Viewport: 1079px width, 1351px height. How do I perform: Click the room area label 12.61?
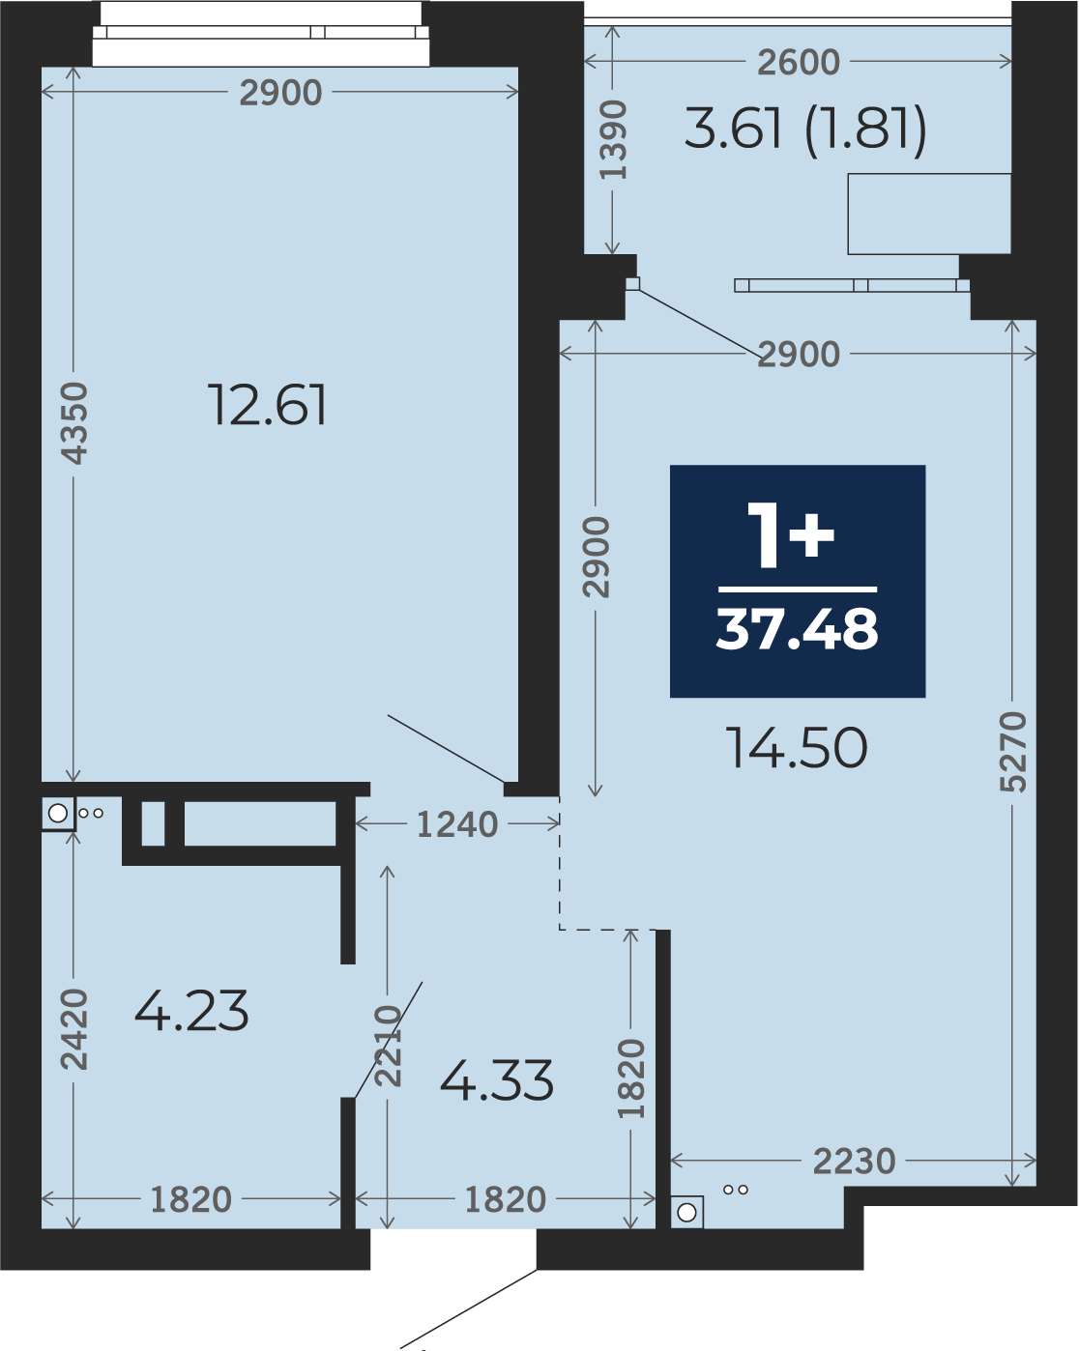pyautogui.click(x=267, y=406)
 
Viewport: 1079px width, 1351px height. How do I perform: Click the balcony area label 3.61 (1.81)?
pyautogui.click(x=805, y=129)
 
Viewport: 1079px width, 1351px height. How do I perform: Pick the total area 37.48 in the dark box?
pyautogui.click(x=797, y=629)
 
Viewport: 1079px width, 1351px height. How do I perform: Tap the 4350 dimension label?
pyautogui.click(x=74, y=423)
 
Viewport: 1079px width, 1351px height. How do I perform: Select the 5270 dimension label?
pyautogui.click(x=1012, y=752)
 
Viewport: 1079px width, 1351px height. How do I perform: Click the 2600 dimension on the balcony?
pyautogui.click(x=799, y=62)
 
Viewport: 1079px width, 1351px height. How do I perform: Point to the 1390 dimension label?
pyautogui.click(x=613, y=139)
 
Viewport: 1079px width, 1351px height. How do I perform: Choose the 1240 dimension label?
pyautogui.click(x=457, y=823)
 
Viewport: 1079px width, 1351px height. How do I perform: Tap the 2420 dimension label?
pyautogui.click(x=74, y=1029)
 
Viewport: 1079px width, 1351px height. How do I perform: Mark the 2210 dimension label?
pyautogui.click(x=388, y=1046)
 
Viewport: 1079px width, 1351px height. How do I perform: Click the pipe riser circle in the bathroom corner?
pyautogui.click(x=58, y=814)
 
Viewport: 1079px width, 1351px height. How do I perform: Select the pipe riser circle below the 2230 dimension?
pyautogui.click(x=686, y=1212)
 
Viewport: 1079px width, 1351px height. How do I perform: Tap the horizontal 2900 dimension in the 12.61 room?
pyautogui.click(x=280, y=93)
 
